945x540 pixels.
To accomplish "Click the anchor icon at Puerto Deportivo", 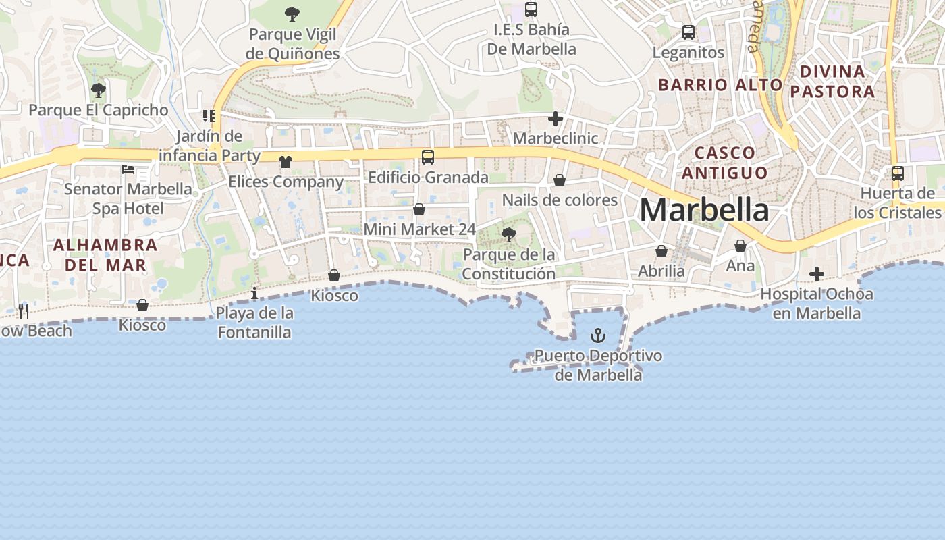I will pos(598,335).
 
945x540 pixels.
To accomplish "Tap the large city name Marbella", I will pos(704,210).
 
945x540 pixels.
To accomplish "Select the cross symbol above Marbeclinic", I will pos(556,119).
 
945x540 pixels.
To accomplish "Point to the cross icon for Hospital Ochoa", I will pos(817,274).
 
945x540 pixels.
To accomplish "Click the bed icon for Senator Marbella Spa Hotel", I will pos(128,169).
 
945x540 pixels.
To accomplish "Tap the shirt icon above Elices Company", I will pos(286,162).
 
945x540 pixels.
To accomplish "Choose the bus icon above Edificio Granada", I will pos(428,157).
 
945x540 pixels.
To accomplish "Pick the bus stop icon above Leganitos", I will pos(688,32).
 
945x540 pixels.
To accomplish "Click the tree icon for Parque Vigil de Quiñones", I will pos(292,13).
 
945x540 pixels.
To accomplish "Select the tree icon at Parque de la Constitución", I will pos(509,235).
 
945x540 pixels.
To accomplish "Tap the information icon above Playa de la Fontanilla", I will pos(254,293).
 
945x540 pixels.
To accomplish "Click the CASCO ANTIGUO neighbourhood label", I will pos(725,163).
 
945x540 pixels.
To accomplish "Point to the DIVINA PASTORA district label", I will pos(832,81).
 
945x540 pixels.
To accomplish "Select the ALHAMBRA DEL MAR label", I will pos(105,254).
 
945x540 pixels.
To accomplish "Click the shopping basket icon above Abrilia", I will pos(661,251).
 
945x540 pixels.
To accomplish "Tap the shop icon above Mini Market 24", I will pos(419,209).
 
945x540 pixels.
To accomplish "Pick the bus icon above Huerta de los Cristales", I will pos(898,173).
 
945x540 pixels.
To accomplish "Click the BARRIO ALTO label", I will pos(720,85).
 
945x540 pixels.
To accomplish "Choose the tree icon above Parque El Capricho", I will pos(99,90).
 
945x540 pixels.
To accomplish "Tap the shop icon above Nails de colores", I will pos(560,180).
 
